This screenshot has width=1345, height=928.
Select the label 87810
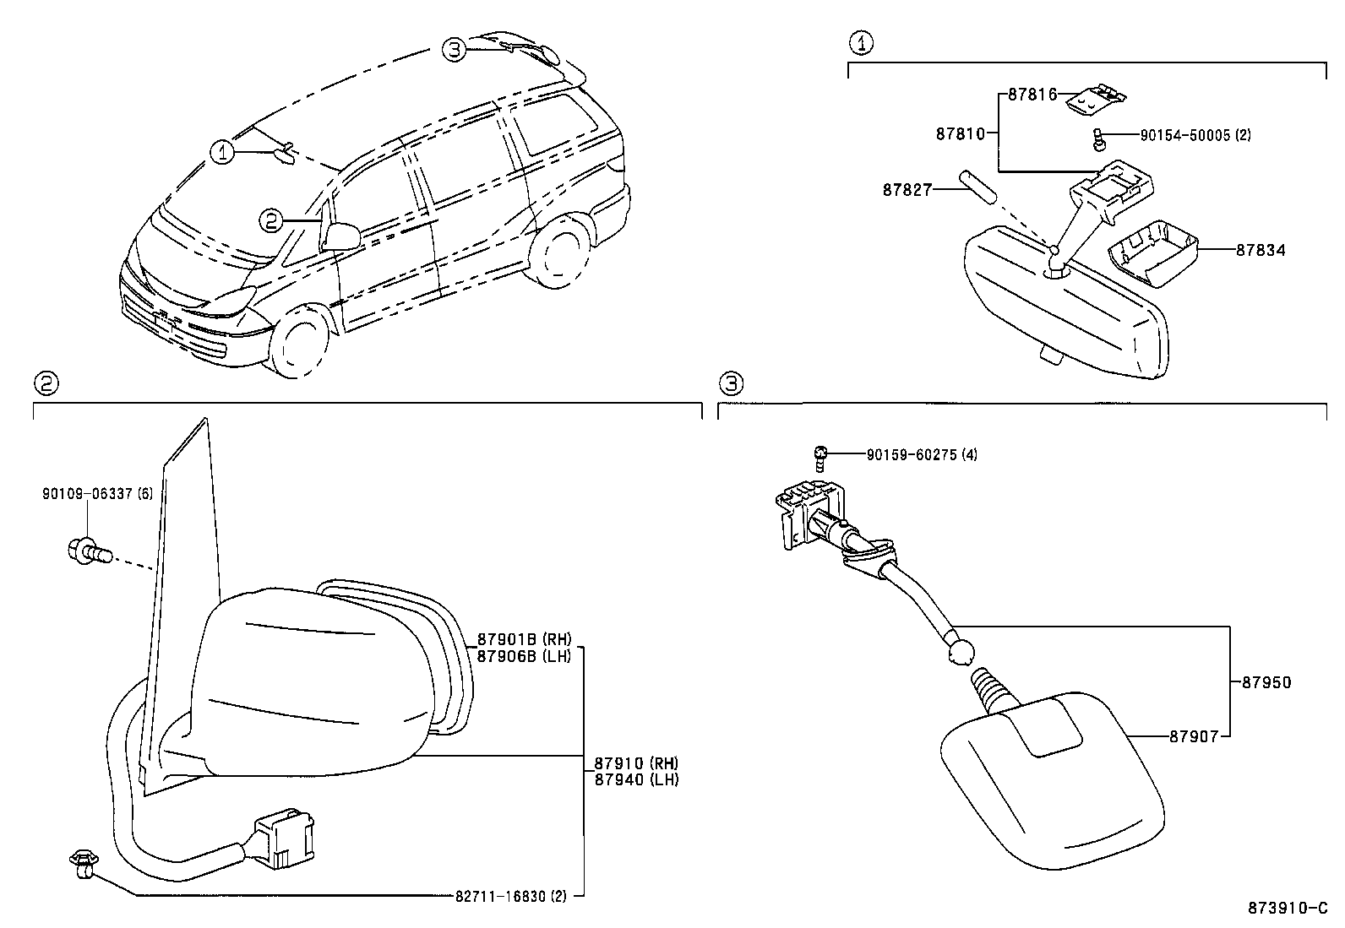(960, 133)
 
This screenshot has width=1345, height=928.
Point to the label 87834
(1261, 250)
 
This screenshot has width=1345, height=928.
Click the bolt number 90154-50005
(1195, 135)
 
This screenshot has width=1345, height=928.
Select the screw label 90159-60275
(922, 455)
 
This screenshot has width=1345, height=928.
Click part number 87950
(1266, 682)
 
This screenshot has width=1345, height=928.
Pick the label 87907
(1194, 736)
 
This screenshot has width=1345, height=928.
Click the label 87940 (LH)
(635, 779)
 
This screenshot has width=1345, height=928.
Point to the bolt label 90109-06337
(97, 493)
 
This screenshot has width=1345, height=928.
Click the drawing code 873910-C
(1288, 909)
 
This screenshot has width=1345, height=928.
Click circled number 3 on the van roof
(455, 50)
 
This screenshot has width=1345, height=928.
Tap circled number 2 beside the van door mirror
(270, 220)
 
